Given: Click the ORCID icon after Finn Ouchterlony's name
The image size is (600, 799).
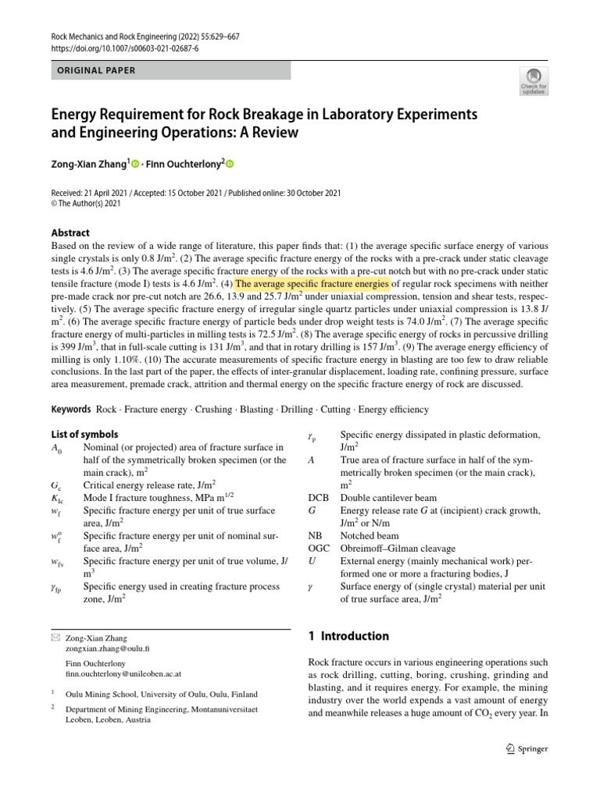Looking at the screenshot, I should coord(230,164).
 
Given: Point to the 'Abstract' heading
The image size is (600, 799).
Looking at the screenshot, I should coord(70,233).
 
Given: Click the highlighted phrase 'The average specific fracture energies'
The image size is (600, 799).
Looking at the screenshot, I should coord(312,283).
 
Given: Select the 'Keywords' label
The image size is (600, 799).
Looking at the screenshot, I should coord(71,409).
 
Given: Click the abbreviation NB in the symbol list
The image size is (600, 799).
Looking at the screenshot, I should coord(315,536).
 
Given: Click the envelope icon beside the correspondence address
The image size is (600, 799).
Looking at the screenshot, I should coord(55,637).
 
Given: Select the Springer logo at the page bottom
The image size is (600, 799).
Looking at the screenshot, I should coord(527,748).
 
